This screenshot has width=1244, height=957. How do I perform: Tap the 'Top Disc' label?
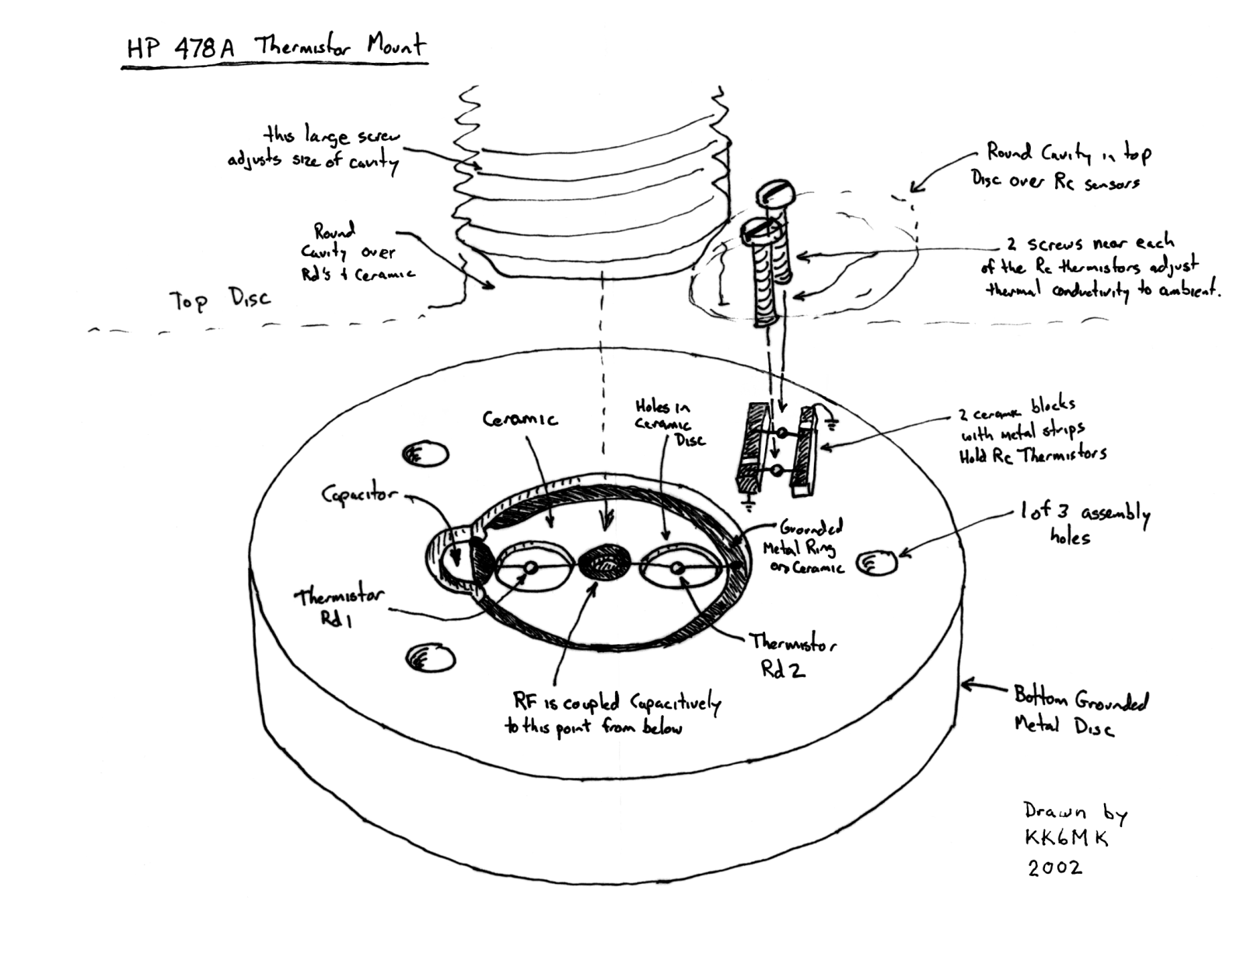tap(220, 300)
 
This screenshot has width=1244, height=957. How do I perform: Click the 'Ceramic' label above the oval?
tap(519, 419)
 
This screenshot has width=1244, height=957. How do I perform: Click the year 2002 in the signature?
tap(1054, 867)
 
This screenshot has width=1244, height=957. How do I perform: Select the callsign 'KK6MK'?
tap(1065, 838)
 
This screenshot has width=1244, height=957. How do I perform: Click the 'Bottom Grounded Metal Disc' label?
tap(1078, 712)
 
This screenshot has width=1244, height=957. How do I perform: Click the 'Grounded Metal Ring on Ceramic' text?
tap(805, 547)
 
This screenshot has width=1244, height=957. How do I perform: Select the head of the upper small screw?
tap(777, 189)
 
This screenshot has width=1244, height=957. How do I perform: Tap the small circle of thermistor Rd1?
tap(530, 568)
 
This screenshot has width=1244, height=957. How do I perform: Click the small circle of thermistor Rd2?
tap(677, 568)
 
